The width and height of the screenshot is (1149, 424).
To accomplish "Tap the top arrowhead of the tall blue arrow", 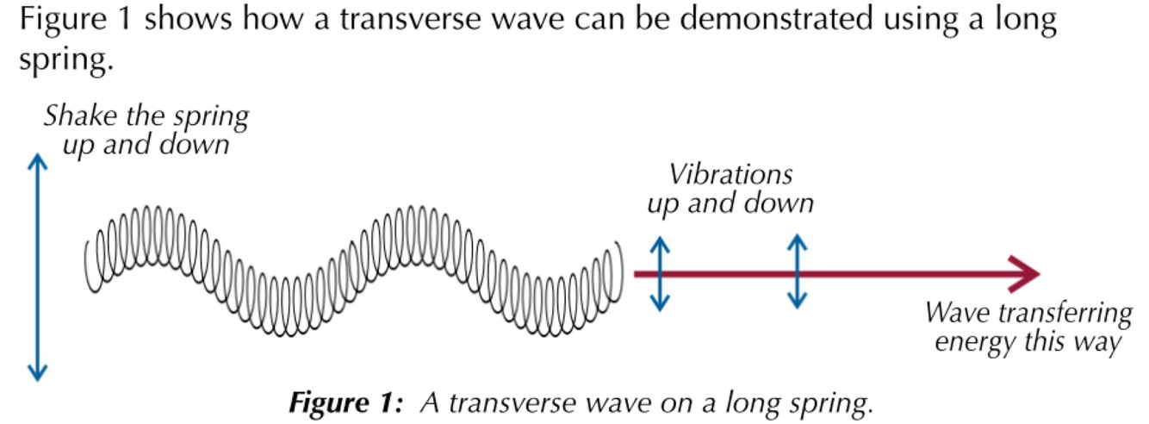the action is pyautogui.click(x=36, y=161).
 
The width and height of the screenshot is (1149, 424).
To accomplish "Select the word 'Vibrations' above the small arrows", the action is pyautogui.click(x=730, y=175).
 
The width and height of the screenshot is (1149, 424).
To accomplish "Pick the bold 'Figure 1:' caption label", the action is pyautogui.click(x=333, y=402).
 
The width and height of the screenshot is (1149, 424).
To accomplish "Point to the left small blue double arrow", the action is pyautogui.click(x=659, y=273).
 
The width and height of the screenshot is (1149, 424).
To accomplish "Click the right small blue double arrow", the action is pyautogui.click(x=798, y=271).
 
